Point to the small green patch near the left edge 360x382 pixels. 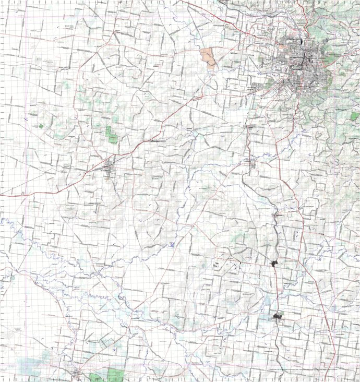pyautogui.click(x=41, y=126)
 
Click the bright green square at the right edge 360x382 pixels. pyautogui.click(x=354, y=116)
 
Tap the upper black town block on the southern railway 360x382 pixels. pyautogui.click(x=276, y=264)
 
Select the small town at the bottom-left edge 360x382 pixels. pyautogui.click(x=77, y=373)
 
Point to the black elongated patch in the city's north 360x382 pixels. pyautogui.click(x=302, y=41)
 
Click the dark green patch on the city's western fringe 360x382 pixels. pyautogui.click(x=261, y=60)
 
